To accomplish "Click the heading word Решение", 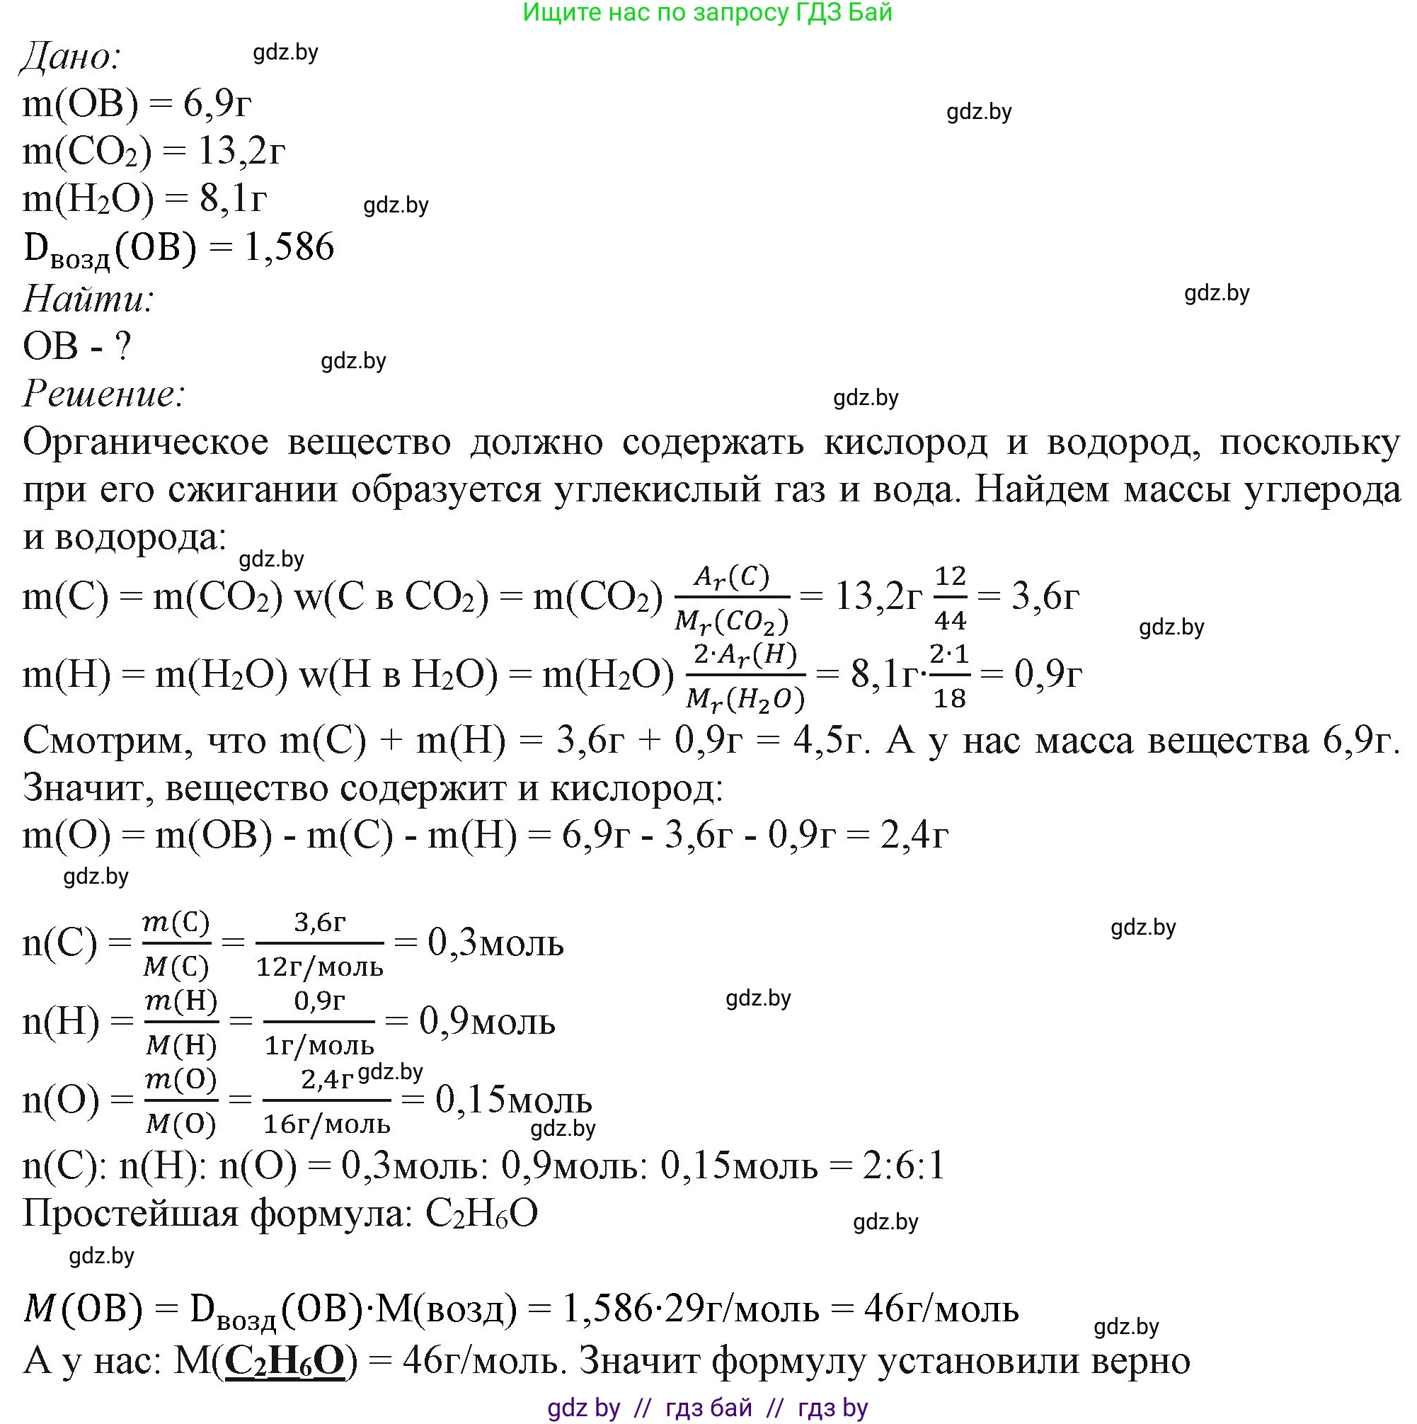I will pyautogui.click(x=103, y=394).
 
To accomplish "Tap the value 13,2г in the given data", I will pyautogui.click(x=240, y=152).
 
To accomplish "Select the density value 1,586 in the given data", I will pyautogui.click(x=289, y=247).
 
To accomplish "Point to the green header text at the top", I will pyautogui.click(x=707, y=13).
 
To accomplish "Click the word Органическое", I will pyautogui.click(x=146, y=443).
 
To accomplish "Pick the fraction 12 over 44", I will pyautogui.click(x=951, y=598).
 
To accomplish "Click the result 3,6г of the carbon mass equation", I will pyautogui.click(x=1045, y=596).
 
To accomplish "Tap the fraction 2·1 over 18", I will pyautogui.click(x=949, y=676).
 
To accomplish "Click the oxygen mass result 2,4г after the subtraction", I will pyautogui.click(x=914, y=836).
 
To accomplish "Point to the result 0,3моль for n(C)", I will pyautogui.click(x=495, y=943).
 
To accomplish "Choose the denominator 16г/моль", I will pyautogui.click(x=326, y=1124).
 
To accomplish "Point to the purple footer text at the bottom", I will pyautogui.click(x=707, y=1408).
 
